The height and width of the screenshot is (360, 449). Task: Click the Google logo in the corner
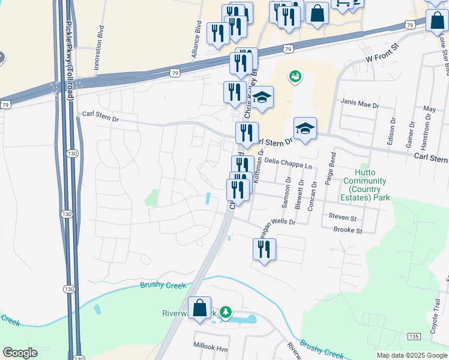click(20, 353)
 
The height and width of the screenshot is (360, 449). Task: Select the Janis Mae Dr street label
click(360, 104)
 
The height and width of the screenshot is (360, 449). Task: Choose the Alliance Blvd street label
click(196, 40)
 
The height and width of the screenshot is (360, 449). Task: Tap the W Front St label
click(382, 53)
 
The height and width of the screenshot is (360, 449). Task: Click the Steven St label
click(342, 217)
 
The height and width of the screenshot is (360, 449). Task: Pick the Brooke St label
click(348, 230)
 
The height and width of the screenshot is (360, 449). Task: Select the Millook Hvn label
click(211, 347)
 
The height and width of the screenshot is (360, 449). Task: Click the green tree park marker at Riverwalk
click(225, 313)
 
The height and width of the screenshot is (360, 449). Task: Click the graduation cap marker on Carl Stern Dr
click(305, 128)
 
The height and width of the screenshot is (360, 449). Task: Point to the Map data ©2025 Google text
click(411, 355)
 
